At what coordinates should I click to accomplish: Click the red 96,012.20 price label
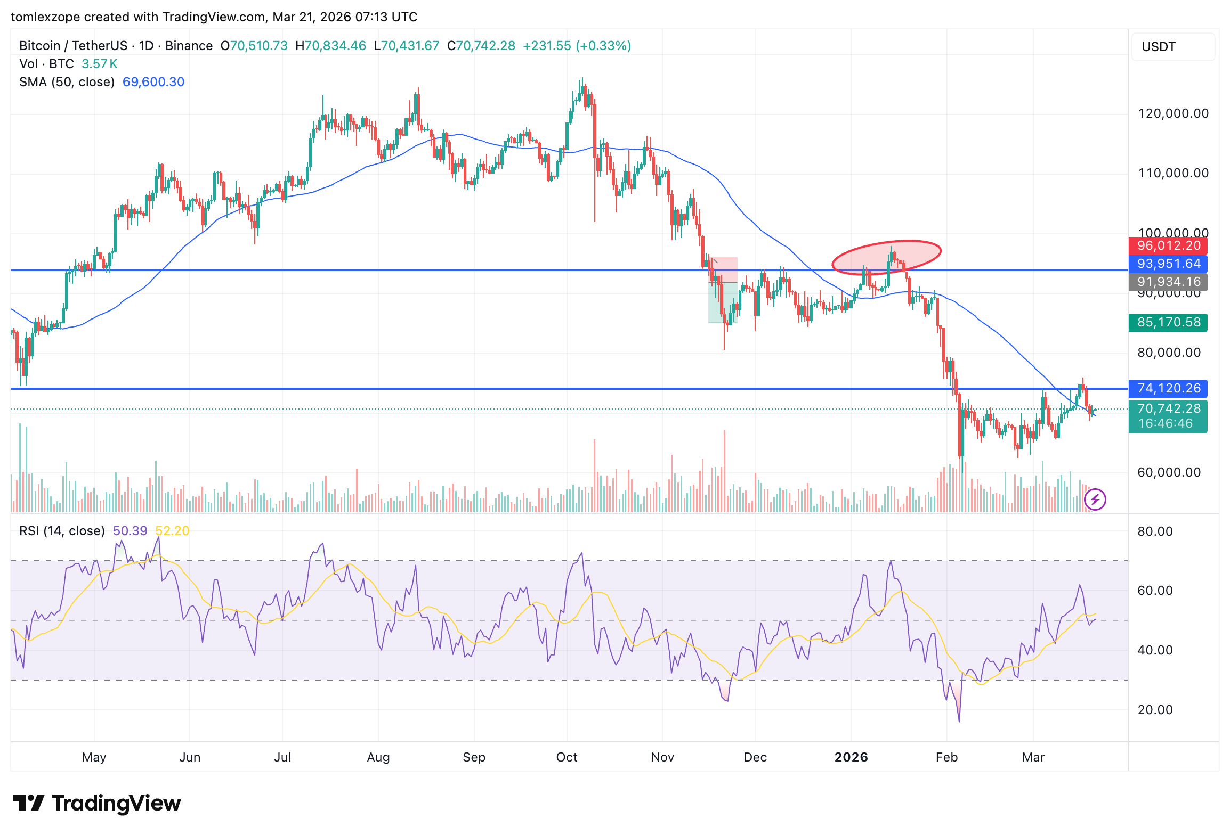pyautogui.click(x=1168, y=245)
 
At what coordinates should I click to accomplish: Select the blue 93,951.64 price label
pyautogui.click(x=1168, y=264)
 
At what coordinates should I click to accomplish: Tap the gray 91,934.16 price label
pyautogui.click(x=1168, y=282)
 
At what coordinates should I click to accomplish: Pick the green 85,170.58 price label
pyautogui.click(x=1168, y=322)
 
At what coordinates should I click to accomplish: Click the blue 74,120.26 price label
pyautogui.click(x=1168, y=388)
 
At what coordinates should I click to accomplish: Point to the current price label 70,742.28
pyautogui.click(x=1168, y=408)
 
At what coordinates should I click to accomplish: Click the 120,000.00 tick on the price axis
pyautogui.click(x=1172, y=113)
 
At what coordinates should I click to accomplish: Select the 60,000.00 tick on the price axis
pyautogui.click(x=1169, y=472)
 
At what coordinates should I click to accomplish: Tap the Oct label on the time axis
pyautogui.click(x=567, y=757)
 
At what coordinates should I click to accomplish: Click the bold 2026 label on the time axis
pyautogui.click(x=851, y=757)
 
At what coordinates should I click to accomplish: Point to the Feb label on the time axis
pyautogui.click(x=946, y=757)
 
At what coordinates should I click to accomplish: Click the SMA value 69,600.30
pyautogui.click(x=153, y=82)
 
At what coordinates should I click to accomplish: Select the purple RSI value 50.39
pyautogui.click(x=130, y=531)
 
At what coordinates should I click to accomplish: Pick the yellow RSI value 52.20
pyautogui.click(x=172, y=531)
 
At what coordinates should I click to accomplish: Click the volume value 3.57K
pyautogui.click(x=99, y=64)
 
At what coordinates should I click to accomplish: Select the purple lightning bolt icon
pyautogui.click(x=1095, y=500)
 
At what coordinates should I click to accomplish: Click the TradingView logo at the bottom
pyautogui.click(x=97, y=803)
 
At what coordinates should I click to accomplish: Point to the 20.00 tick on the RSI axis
pyautogui.click(x=1155, y=710)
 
